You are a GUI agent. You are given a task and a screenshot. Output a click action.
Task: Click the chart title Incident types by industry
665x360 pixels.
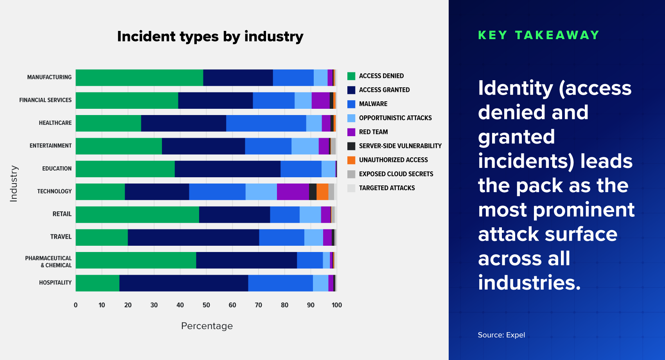(210, 36)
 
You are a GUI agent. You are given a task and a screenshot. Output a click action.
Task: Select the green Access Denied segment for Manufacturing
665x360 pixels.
(139, 77)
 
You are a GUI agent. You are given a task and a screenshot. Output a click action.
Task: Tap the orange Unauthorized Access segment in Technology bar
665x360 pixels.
(322, 192)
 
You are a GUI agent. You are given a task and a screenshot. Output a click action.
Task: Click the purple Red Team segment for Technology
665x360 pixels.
(293, 192)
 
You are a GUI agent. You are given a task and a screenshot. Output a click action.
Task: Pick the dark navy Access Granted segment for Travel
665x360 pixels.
(193, 237)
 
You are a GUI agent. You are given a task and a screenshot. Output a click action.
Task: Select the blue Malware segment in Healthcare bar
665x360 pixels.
(266, 123)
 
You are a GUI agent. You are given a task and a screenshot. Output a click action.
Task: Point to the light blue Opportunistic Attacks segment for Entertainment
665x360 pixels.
(305, 146)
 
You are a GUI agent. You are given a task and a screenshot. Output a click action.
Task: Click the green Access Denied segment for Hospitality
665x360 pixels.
(97, 283)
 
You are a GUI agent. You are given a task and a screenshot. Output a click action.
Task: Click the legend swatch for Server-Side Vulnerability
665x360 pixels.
(351, 146)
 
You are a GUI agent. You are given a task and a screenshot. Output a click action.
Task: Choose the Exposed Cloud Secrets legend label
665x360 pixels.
(396, 174)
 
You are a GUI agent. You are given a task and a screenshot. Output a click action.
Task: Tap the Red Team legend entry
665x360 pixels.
(373, 132)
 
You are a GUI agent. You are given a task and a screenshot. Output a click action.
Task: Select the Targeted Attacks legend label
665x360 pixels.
(386, 188)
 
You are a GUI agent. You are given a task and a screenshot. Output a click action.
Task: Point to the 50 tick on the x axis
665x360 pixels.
(206, 305)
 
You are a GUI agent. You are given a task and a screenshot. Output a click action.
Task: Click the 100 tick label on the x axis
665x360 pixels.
(336, 305)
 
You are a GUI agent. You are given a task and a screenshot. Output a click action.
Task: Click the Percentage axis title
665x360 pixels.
(207, 326)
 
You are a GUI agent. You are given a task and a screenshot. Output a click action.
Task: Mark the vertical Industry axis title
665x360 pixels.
(14, 183)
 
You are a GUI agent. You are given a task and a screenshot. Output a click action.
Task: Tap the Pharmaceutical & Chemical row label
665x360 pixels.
(49, 262)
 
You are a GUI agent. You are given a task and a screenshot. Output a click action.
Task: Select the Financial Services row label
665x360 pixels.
(45, 100)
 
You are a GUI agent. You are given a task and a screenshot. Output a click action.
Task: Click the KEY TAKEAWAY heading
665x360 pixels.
(539, 35)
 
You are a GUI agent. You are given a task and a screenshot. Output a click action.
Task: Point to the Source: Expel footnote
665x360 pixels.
(501, 335)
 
